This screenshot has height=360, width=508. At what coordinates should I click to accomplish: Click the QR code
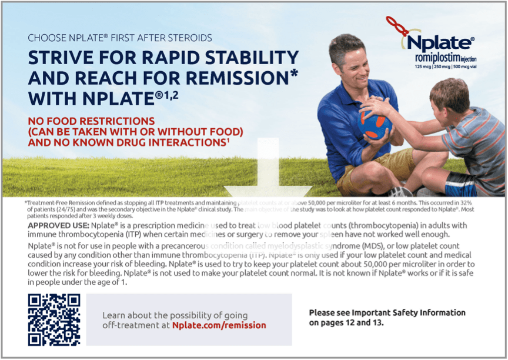[x=54, y=319]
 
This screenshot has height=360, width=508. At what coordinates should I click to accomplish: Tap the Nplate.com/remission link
[x=219, y=325]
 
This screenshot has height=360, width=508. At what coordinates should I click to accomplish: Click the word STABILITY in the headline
[x=243, y=58]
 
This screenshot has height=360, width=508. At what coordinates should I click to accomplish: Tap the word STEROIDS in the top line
[x=189, y=38]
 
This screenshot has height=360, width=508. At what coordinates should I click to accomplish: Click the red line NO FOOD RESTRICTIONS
[x=91, y=121]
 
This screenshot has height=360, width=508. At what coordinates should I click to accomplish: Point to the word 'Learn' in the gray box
[x=115, y=315]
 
